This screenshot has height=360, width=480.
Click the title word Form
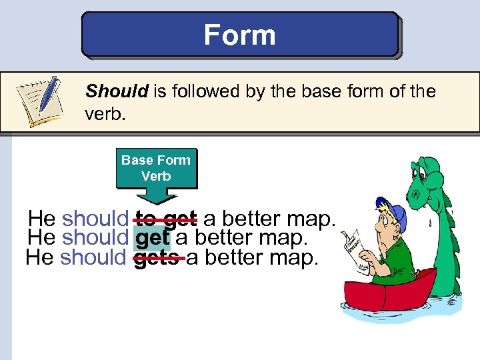[x=239, y=34]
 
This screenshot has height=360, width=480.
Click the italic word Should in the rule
[x=117, y=91]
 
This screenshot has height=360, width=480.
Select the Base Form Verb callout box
[x=156, y=168]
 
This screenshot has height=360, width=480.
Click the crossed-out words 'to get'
[x=165, y=218]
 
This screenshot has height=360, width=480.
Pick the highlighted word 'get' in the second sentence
[x=152, y=237]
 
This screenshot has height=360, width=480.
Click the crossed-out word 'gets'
[x=157, y=257]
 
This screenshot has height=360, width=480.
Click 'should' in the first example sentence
[x=95, y=218]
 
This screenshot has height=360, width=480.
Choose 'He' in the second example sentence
[x=41, y=237]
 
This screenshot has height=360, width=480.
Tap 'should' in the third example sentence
[x=93, y=257]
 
